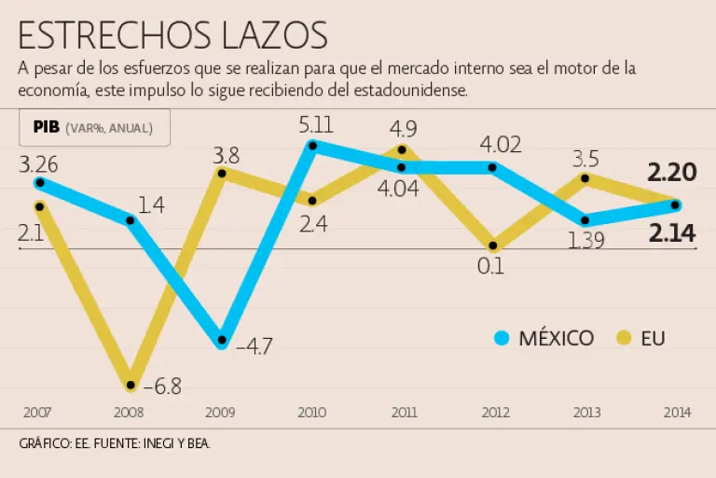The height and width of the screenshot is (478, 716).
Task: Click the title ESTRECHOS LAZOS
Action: pyautogui.click(x=172, y=35)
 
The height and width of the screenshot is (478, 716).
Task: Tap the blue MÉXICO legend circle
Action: pyautogui.click(x=503, y=338)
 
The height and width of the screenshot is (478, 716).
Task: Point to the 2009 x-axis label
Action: pyautogui.click(x=220, y=412)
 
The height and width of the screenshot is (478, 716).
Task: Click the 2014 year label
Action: pyautogui.click(x=678, y=412)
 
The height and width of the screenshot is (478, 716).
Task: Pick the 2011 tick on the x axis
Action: pyautogui.click(x=404, y=412)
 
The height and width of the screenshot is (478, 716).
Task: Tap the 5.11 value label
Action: pyautogui.click(x=317, y=123)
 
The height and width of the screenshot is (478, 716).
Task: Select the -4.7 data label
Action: pyautogui.click(x=254, y=347)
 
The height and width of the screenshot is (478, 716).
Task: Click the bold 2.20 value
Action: pyautogui.click(x=671, y=172)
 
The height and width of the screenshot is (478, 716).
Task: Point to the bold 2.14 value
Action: pyautogui.click(x=671, y=234)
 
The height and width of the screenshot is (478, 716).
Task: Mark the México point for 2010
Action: pyautogui.click(x=313, y=146)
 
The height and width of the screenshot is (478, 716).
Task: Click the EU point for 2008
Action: pyautogui.click(x=131, y=385)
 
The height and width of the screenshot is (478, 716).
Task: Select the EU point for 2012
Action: pyautogui.click(x=494, y=246)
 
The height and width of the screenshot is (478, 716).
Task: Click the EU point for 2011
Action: pyautogui.click(x=403, y=149)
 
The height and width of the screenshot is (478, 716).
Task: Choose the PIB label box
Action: pyautogui.click(x=93, y=128)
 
